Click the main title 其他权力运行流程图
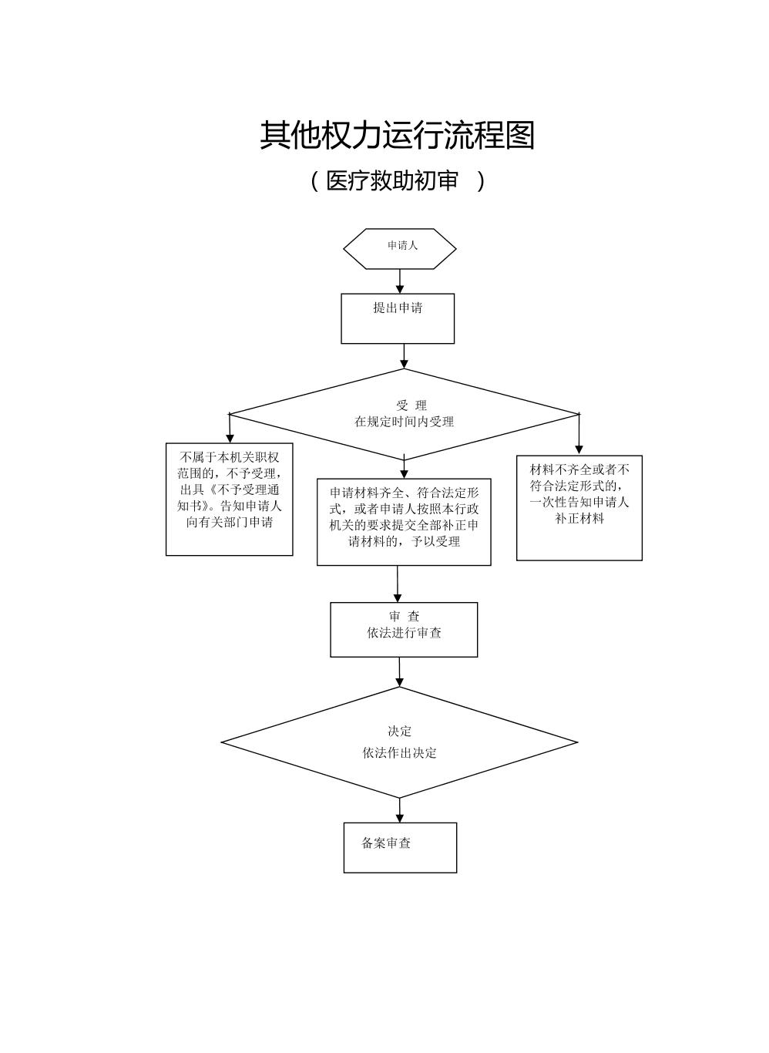(x=397, y=136)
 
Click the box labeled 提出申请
(x=398, y=318)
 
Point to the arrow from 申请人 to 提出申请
(x=400, y=281)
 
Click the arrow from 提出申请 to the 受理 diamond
(x=404, y=355)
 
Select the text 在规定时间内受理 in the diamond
(x=404, y=422)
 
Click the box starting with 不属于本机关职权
(x=230, y=499)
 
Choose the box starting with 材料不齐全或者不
(x=579, y=507)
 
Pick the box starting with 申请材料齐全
(x=404, y=522)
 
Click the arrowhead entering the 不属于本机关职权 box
(x=230, y=438)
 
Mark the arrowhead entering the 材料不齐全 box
(x=579, y=449)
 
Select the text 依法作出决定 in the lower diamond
(x=400, y=753)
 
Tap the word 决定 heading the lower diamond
(x=400, y=731)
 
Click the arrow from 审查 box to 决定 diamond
(x=399, y=671)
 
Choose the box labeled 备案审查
(x=400, y=847)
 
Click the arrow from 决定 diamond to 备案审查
(x=400, y=810)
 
